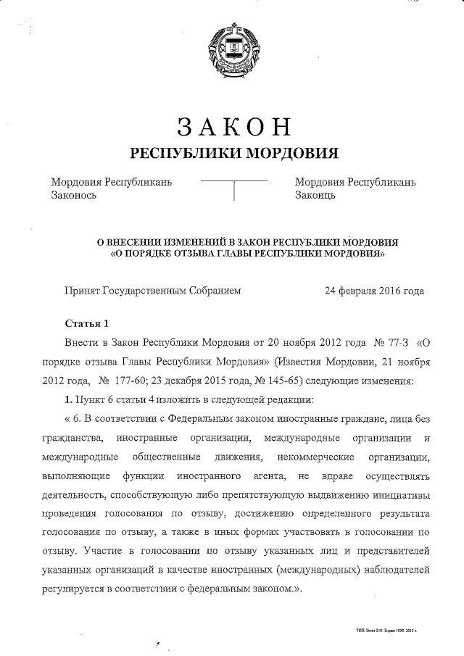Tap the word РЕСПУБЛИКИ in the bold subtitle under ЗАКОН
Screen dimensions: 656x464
point(186,153)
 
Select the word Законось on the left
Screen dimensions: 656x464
point(73,194)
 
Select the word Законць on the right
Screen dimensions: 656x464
point(315,194)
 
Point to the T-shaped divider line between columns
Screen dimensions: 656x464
point(233,186)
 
